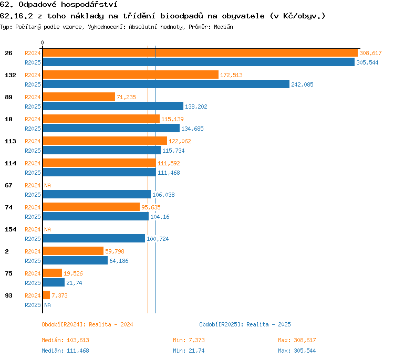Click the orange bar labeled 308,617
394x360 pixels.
coord(200,53)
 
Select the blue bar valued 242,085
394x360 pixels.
coord(166,84)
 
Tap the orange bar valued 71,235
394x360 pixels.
coord(79,97)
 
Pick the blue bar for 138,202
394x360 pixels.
coord(113,106)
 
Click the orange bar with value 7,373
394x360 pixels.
coord(46,295)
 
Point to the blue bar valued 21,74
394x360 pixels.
coord(54,282)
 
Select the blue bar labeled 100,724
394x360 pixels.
coord(94,238)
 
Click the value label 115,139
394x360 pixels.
coord(172,119)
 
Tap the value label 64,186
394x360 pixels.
coord(119,261)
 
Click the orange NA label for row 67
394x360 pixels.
coord(47,186)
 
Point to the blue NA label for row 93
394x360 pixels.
coord(47,305)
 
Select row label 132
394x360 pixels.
coord(11,75)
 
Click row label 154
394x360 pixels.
coord(11,229)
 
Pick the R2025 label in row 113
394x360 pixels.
coord(33,151)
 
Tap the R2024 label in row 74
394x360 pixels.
coord(33,207)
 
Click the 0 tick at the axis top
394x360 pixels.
coord(42,43)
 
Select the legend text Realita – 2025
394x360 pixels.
coord(268,324)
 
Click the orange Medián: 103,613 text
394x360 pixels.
coord(65,340)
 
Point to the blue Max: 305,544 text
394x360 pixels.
coord(297,351)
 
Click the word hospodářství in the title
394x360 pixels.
coord(89,5)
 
